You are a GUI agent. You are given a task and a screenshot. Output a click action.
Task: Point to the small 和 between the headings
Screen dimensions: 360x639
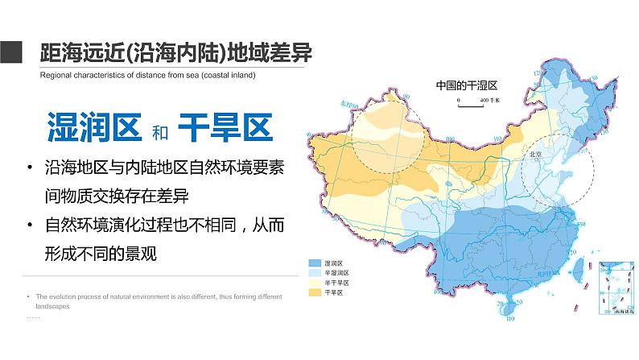159,130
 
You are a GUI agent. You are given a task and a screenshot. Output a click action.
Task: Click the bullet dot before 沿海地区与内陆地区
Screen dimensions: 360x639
30,168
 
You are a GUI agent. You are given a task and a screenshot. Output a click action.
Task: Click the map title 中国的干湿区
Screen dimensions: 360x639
468,85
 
